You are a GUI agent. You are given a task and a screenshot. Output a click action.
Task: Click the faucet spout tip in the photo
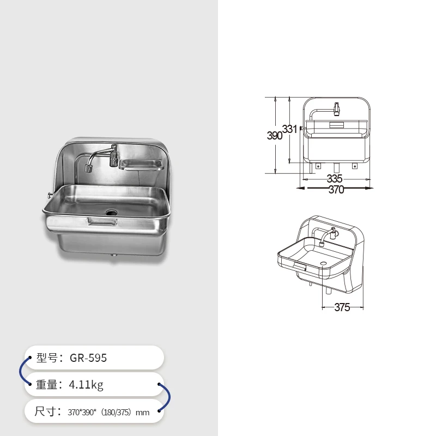click(x=87, y=167)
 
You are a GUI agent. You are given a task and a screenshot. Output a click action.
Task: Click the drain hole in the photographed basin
click(x=111, y=211)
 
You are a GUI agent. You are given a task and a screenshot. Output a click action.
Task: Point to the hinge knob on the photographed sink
click(x=48, y=195)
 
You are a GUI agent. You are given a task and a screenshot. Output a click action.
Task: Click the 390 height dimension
click(x=274, y=136)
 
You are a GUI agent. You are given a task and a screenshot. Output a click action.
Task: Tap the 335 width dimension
click(x=335, y=179)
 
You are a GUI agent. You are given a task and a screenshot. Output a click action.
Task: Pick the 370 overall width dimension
click(x=336, y=190)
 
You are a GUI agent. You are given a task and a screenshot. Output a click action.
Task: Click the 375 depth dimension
click(x=342, y=307)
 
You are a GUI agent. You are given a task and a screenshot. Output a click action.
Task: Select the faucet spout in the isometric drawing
click(x=323, y=240)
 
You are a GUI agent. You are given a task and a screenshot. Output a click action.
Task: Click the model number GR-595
click(x=88, y=358)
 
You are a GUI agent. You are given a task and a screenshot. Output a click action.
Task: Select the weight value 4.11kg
click(x=86, y=385)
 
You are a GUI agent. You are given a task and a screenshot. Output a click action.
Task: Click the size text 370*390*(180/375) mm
click(x=108, y=413)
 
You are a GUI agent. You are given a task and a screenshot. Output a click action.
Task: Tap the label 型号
click(x=48, y=358)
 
